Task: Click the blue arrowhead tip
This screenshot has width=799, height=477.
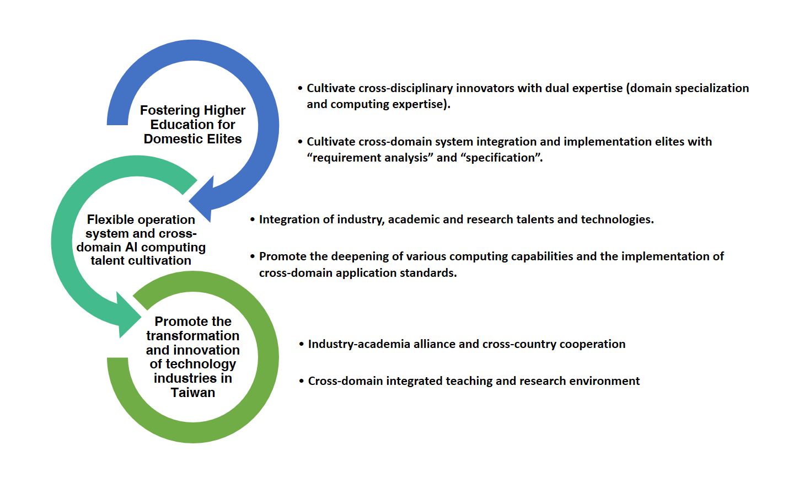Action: click(x=189, y=202)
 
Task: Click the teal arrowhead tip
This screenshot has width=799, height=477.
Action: click(x=142, y=317)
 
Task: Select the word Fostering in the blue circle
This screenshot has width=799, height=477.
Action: click(x=164, y=111)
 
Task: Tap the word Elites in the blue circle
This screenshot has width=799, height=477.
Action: click(x=224, y=139)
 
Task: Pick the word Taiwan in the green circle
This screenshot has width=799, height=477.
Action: click(x=193, y=393)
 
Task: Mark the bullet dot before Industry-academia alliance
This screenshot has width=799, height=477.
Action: click(x=302, y=344)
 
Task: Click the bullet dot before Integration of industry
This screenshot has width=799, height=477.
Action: click(x=253, y=219)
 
